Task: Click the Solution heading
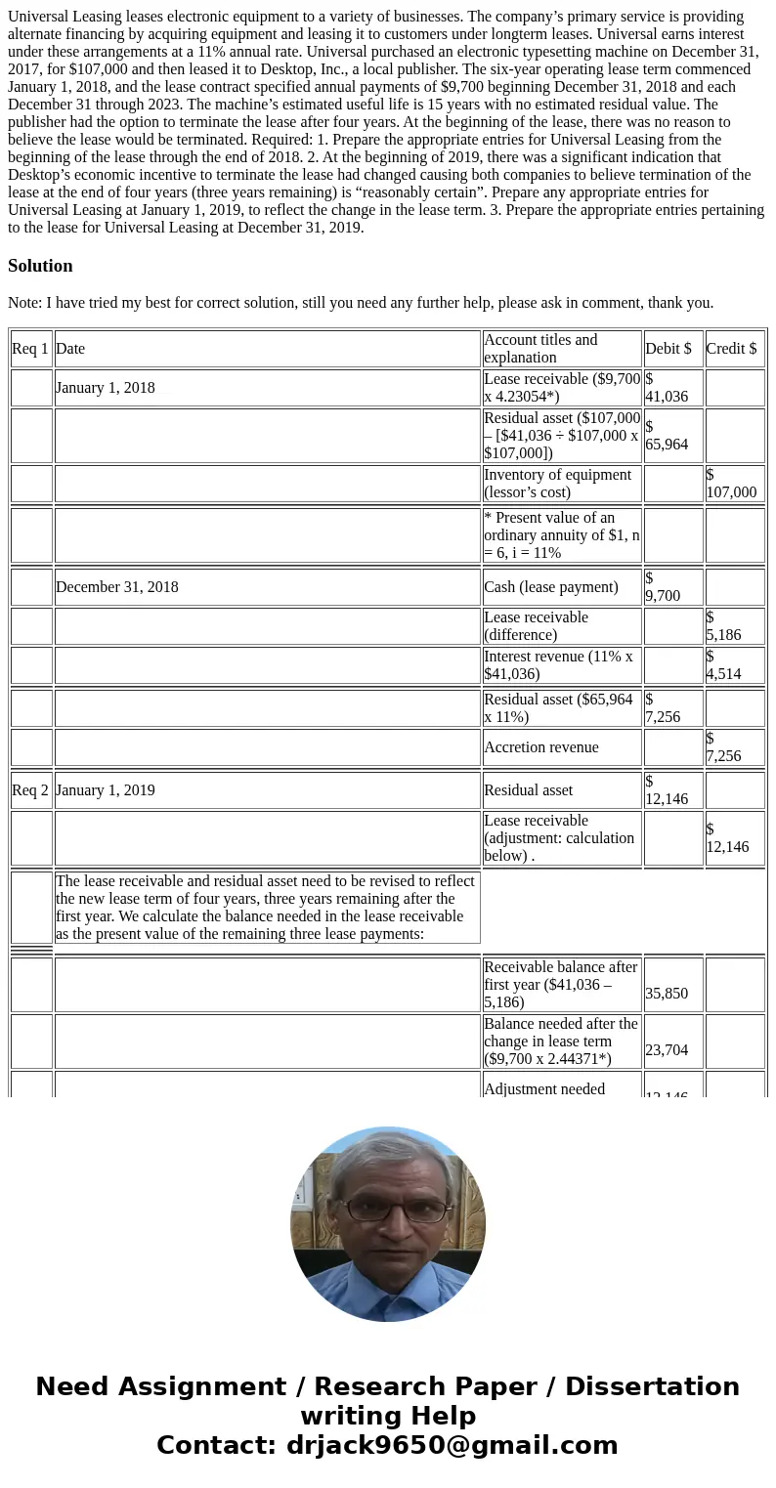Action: click(x=40, y=266)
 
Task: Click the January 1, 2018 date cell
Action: click(x=106, y=388)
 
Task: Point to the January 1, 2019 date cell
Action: click(x=106, y=790)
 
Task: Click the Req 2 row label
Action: click(x=30, y=790)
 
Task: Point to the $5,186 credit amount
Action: click(x=724, y=626)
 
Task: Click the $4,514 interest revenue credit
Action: click(x=724, y=665)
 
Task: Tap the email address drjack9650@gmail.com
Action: click(x=452, y=1445)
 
